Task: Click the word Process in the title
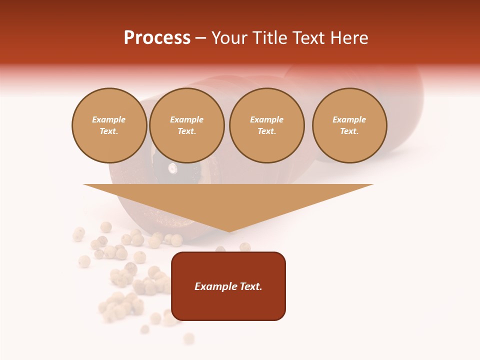(x=157, y=38)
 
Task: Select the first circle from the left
(x=109, y=125)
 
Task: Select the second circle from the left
(x=187, y=125)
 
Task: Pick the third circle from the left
(x=266, y=125)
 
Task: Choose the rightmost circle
(x=349, y=125)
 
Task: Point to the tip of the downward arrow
(x=229, y=231)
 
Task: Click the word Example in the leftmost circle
(x=109, y=120)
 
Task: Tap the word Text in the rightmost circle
(x=349, y=131)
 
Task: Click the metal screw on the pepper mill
(x=172, y=168)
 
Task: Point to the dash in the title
(x=201, y=38)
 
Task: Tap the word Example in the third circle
(x=266, y=120)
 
